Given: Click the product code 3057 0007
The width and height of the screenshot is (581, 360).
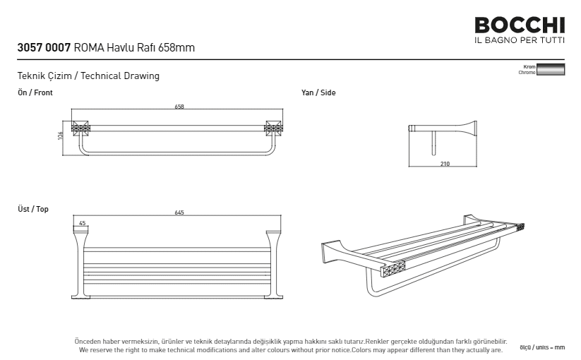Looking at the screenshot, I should pyautogui.click(x=44, y=49).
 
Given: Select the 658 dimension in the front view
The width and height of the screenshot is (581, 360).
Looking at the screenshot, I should pyautogui.click(x=179, y=107).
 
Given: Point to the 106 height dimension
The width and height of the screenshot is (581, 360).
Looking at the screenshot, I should pyautogui.click(x=61, y=134).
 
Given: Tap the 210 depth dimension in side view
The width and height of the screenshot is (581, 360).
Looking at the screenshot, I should pyautogui.click(x=445, y=164).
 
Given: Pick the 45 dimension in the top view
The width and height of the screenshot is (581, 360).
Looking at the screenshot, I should pyautogui.click(x=83, y=223).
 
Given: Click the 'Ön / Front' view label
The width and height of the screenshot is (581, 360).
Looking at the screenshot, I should pyautogui.click(x=35, y=92).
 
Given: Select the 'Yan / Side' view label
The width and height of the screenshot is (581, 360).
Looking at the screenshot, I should pyautogui.click(x=318, y=92).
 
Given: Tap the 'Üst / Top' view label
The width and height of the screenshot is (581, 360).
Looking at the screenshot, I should pyautogui.click(x=33, y=209).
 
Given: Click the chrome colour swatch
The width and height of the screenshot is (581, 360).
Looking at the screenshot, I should pyautogui.click(x=551, y=69).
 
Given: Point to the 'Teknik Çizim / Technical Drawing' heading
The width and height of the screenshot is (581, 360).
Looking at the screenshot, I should pyautogui.click(x=88, y=76).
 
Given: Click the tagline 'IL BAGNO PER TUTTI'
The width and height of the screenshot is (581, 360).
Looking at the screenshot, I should pyautogui.click(x=520, y=40).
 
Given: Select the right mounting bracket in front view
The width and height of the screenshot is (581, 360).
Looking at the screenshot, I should pyautogui.click(x=272, y=128).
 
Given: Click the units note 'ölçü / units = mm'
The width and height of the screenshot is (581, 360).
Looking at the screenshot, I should pyautogui.click(x=542, y=347).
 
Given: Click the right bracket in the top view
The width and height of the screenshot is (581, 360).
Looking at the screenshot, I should pyautogui.click(x=272, y=261).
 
